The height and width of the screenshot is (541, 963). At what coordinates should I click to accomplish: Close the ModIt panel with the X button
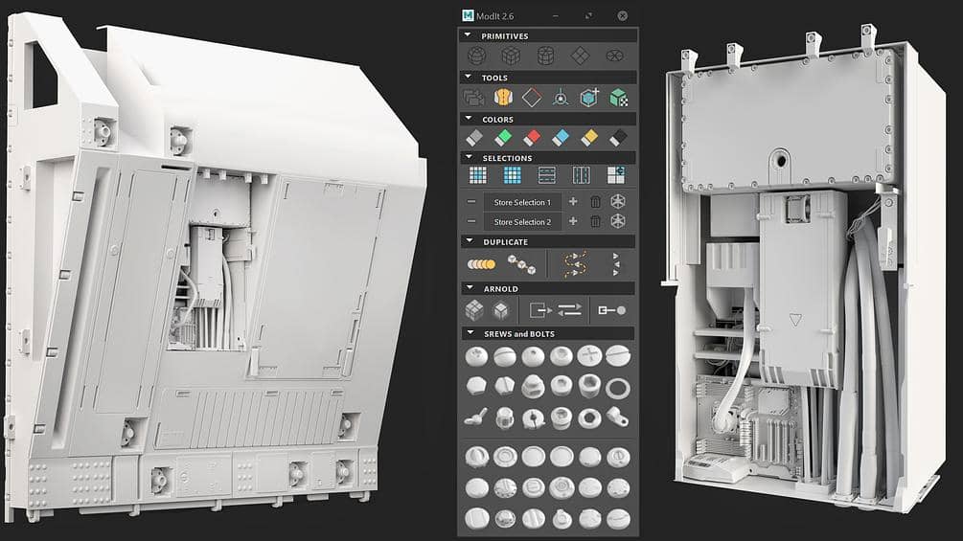click(622, 15)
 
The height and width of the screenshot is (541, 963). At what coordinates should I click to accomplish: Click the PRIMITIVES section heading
click(504, 35)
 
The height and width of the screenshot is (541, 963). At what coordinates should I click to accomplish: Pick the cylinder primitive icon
click(545, 56)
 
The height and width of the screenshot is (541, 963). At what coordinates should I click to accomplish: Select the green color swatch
click(502, 138)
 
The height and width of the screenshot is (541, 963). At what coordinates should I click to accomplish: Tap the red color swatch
click(532, 138)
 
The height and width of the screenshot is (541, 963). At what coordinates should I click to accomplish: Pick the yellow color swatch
click(589, 138)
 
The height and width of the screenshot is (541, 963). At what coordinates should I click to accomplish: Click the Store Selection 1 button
click(522, 202)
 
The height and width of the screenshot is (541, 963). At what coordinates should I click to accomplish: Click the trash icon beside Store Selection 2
click(595, 221)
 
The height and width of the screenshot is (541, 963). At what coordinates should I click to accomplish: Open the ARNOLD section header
click(500, 288)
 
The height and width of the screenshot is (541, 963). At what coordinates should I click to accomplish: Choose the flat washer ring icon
click(618, 387)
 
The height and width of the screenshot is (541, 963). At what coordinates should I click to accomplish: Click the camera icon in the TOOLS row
click(473, 97)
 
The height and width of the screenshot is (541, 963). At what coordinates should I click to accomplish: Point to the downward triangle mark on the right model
click(794, 320)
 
